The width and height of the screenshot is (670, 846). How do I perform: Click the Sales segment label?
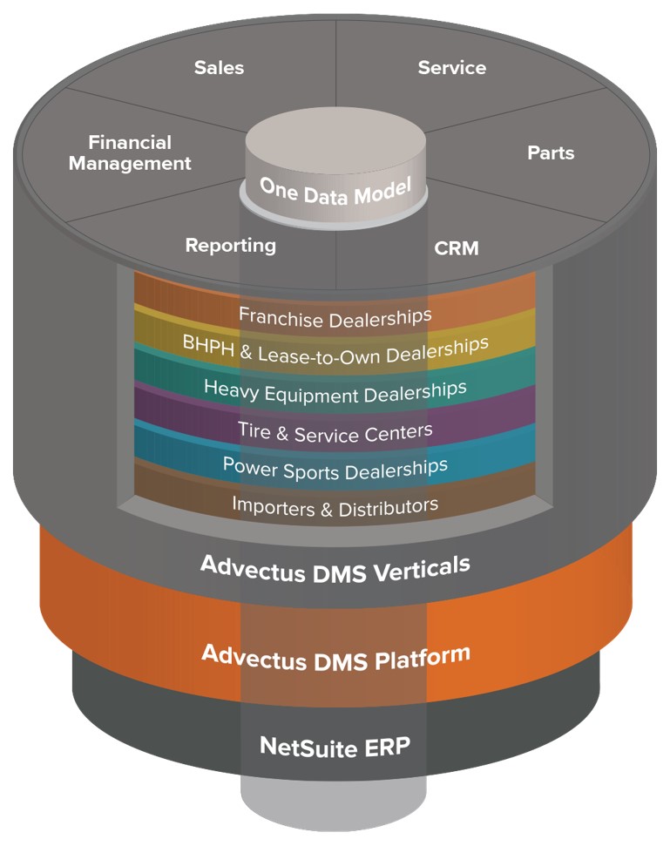point(219,68)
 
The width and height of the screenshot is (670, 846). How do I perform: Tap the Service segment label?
point(451,68)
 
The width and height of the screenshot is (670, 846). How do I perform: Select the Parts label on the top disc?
point(551,152)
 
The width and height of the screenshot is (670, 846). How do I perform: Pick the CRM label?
point(457,248)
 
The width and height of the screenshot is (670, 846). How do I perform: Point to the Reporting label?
point(230,246)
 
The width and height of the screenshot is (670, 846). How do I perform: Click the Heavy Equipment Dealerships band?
point(335,389)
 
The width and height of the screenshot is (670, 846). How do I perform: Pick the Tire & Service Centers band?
point(335,430)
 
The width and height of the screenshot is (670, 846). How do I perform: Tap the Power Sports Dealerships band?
point(335,468)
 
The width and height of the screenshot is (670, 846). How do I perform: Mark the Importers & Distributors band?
point(335,505)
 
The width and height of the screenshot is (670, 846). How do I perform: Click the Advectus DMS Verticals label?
point(335,565)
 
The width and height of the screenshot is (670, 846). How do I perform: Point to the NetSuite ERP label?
point(335,746)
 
